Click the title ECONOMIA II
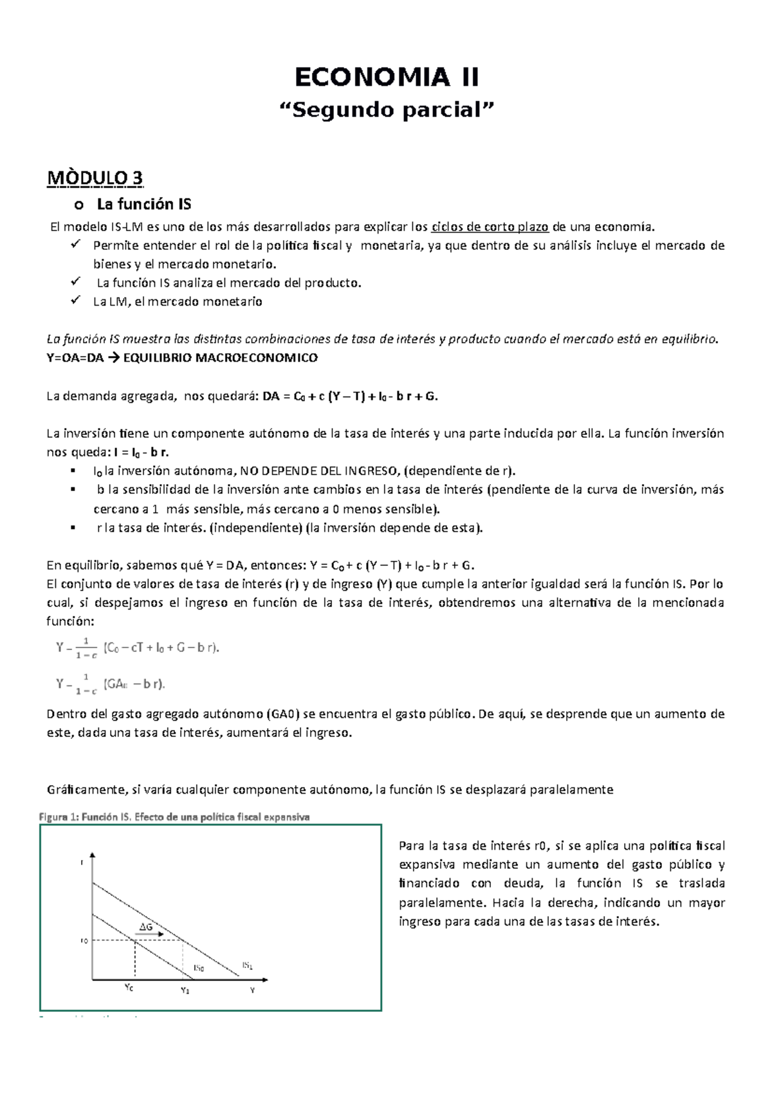(386, 77)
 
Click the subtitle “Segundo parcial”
(386, 110)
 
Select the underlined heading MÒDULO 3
(95, 178)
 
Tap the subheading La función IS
(143, 205)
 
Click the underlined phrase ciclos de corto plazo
(490, 227)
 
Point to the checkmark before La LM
(75, 301)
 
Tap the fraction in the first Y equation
(86, 648)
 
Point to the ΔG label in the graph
(146, 927)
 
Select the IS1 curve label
(247, 965)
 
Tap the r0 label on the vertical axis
(84, 941)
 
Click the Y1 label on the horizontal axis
(185, 991)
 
